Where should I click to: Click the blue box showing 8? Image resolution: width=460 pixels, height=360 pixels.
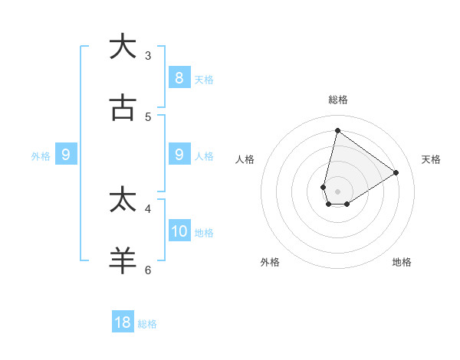pos(179,77)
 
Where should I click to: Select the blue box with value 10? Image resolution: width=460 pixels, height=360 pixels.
pos(179,231)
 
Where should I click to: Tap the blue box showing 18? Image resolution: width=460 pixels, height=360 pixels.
pos(123,322)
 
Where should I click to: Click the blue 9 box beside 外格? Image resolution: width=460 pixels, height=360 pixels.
pos(66,155)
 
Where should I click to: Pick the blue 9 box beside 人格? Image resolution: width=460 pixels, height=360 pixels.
pos(179,155)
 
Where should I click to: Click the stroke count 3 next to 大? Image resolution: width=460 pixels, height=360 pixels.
pos(148,55)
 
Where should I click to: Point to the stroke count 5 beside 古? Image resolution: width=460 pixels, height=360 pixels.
pos(148,116)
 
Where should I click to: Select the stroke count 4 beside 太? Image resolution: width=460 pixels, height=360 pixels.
pos(148,208)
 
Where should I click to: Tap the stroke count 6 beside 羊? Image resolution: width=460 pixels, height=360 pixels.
pos(148,270)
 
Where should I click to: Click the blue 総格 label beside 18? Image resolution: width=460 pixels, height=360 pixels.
pos(147,324)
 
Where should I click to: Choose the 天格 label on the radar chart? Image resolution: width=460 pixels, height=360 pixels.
pos(431,159)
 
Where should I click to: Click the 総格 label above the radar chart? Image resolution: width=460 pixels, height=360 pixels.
pos(338,100)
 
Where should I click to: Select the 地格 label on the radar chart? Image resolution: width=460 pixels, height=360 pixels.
pos(402,262)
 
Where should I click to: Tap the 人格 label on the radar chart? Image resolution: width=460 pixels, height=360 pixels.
pos(245,159)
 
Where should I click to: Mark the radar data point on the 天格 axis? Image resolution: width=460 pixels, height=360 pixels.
pos(396,172)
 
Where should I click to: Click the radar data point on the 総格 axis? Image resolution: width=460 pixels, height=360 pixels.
pos(337,130)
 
